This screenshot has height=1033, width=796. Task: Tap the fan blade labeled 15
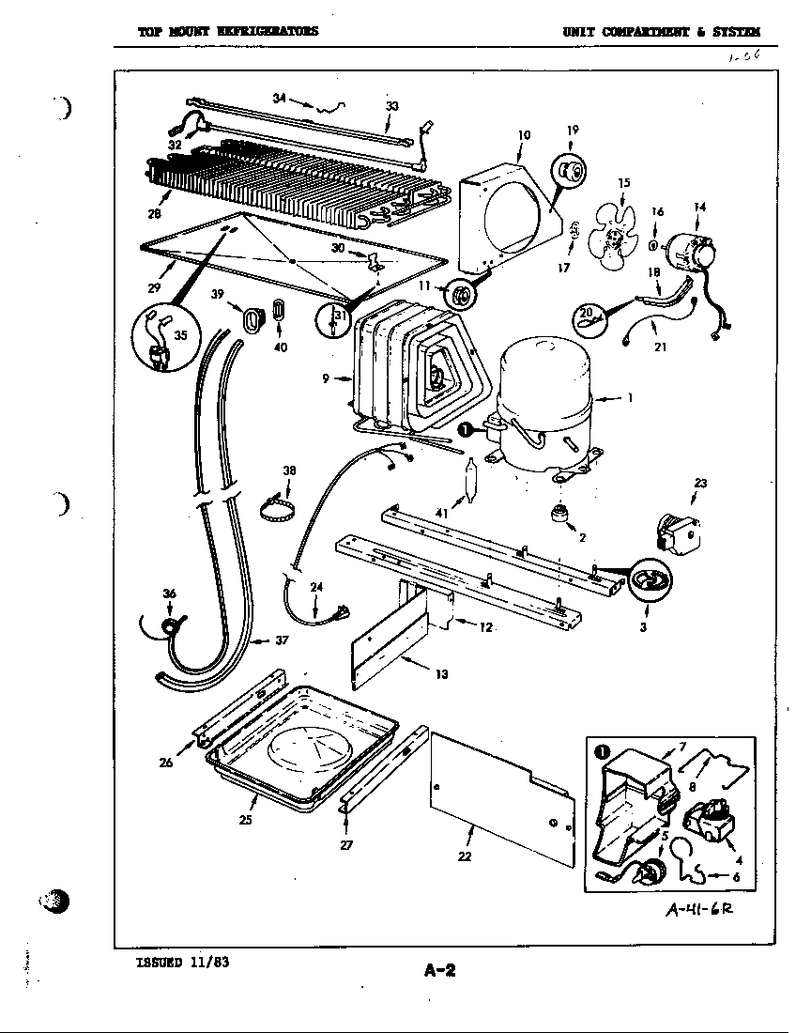tap(615, 231)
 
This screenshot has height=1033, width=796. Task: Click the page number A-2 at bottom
tap(438, 970)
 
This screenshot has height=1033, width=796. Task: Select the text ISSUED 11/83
tap(182, 962)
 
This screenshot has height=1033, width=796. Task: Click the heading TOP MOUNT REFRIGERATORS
tap(228, 30)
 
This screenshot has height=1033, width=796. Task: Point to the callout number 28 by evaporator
tap(154, 214)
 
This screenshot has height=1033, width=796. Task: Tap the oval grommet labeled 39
tap(252, 319)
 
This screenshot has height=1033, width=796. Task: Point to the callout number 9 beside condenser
tap(326, 378)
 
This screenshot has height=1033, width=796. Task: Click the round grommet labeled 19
tap(569, 170)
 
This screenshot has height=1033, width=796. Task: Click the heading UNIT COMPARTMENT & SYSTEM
tap(662, 31)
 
